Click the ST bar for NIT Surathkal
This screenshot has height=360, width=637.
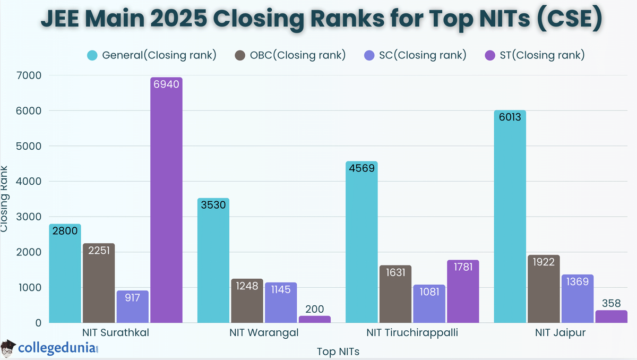tap(166, 202)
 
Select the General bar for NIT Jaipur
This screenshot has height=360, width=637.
tap(510, 218)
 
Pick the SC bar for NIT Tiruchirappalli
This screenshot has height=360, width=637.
tap(429, 304)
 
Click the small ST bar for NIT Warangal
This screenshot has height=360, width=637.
tap(315, 319)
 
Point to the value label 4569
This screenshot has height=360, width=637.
tap(361, 168)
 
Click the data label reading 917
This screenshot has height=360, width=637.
tap(133, 297)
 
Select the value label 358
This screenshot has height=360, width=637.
tap(611, 304)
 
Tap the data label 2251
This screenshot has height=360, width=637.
tap(99, 251)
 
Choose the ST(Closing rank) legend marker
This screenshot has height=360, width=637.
tap(490, 55)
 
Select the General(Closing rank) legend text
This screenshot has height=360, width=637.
tap(159, 55)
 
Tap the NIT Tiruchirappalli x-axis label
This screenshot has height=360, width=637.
tap(412, 333)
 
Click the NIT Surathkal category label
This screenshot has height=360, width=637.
tap(116, 333)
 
